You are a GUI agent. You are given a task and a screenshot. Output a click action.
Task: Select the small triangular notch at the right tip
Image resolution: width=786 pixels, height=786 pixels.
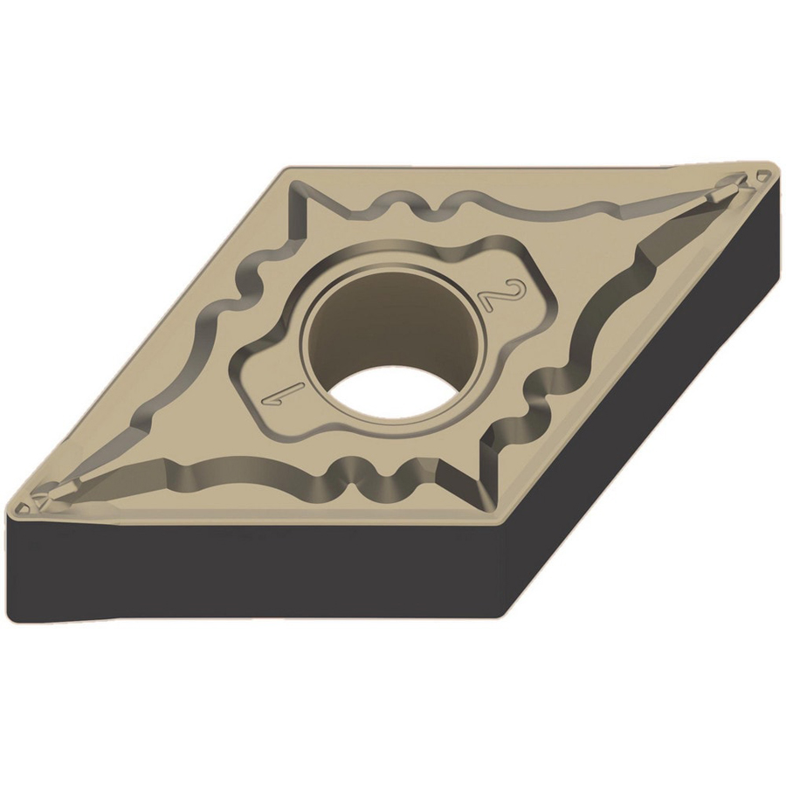(x=763, y=176)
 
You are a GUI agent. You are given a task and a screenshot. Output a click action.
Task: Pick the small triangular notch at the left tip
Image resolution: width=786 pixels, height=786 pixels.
(x=24, y=508)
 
